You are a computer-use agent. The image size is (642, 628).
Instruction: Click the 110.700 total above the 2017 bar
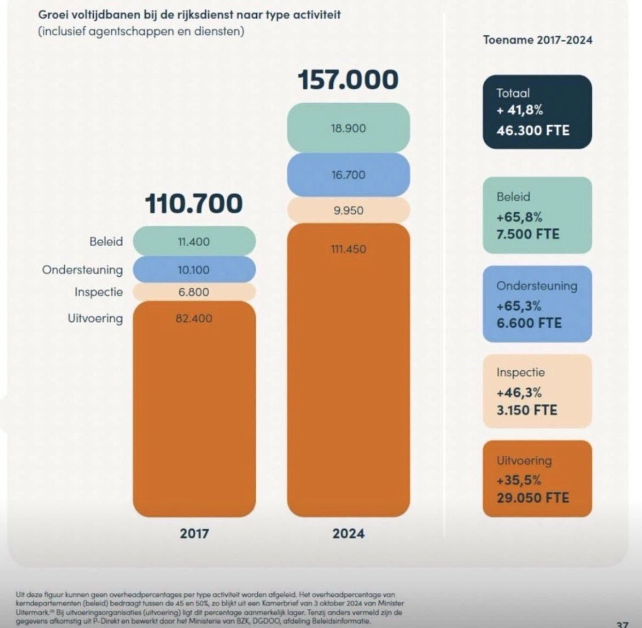(x=194, y=204)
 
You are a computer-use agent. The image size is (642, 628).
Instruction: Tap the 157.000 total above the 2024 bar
(x=348, y=80)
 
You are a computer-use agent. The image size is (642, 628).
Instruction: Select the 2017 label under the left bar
(x=194, y=533)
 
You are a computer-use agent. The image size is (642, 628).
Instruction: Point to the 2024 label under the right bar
(x=348, y=533)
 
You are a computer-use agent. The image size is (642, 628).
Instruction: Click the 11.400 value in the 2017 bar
(x=194, y=242)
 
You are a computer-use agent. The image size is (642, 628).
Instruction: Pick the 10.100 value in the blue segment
(x=194, y=270)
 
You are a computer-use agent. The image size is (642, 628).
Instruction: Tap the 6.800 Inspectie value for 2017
(x=194, y=292)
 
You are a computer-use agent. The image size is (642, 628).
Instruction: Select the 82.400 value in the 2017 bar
(x=194, y=318)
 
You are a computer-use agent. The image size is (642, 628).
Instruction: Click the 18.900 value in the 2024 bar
(x=348, y=128)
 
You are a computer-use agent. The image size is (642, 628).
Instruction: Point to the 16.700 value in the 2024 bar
(x=348, y=175)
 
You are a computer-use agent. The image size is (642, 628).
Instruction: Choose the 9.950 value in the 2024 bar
(x=348, y=210)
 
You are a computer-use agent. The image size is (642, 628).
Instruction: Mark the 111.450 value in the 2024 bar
(x=348, y=249)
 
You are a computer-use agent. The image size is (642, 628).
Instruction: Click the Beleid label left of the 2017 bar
(x=106, y=242)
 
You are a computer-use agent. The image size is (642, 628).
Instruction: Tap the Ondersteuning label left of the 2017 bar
(x=82, y=270)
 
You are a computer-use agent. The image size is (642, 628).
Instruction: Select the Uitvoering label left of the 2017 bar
(x=95, y=318)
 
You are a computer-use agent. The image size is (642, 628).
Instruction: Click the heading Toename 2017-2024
(x=538, y=40)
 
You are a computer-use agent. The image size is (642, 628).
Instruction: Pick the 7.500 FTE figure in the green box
(x=528, y=234)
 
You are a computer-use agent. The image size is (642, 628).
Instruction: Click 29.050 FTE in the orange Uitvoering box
(x=533, y=497)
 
